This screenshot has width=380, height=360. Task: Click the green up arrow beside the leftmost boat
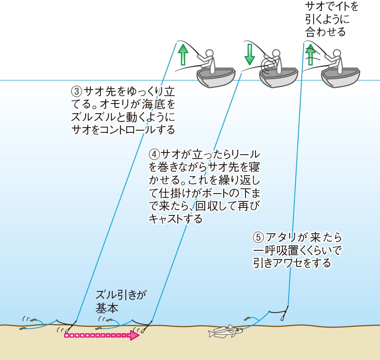click(183, 55)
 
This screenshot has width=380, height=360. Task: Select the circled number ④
click(154, 154)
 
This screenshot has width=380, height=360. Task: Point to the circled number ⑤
click(258, 237)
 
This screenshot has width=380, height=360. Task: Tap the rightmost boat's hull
click(340, 78)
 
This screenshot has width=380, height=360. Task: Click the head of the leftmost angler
click(210, 53)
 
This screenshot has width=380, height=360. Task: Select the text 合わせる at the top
click(325, 32)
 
